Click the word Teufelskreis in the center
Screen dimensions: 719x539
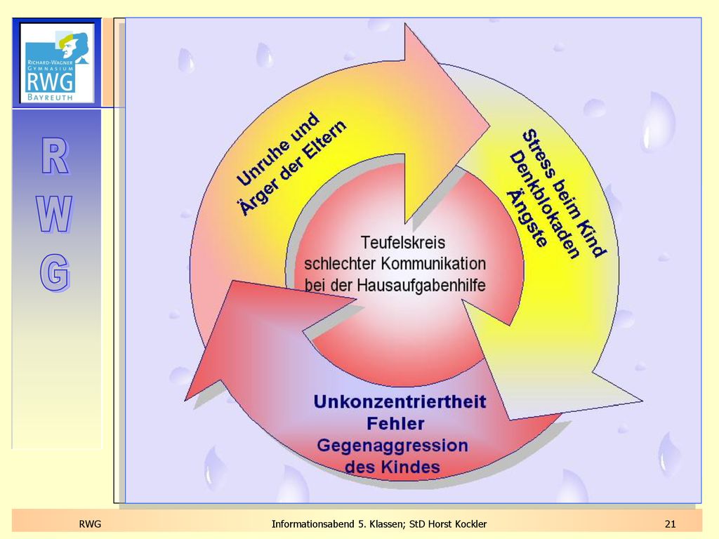pyautogui.click(x=402, y=242)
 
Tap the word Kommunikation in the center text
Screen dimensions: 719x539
pyautogui.click(x=433, y=264)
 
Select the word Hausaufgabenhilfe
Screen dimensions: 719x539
pyautogui.click(x=421, y=286)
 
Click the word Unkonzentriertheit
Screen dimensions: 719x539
pyautogui.click(x=400, y=401)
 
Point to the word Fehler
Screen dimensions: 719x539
pyautogui.click(x=395, y=423)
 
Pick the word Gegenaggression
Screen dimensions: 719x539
pyautogui.click(x=393, y=445)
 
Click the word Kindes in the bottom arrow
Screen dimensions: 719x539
pyautogui.click(x=411, y=467)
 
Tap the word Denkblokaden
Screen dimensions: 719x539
pyautogui.click(x=544, y=205)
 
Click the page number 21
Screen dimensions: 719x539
pyautogui.click(x=670, y=524)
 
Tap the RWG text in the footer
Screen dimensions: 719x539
pyautogui.click(x=90, y=524)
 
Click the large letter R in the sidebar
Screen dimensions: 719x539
pyautogui.click(x=55, y=156)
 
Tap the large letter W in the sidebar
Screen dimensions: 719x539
pyautogui.click(x=55, y=214)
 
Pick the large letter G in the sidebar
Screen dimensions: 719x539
pyautogui.click(x=55, y=273)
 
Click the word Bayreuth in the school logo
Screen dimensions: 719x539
pyautogui.click(x=50, y=97)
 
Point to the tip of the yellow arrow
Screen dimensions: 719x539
pyautogui.click(x=642, y=400)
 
